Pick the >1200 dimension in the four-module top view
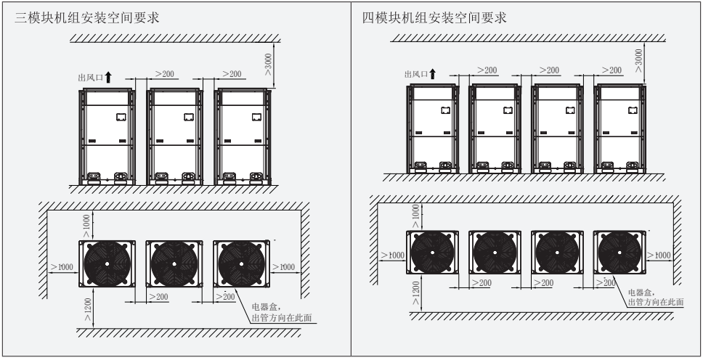tap(415, 293)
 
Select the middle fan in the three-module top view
tap(172, 263)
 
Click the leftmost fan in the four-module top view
tap(433, 255)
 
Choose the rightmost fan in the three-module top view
tap(241, 263)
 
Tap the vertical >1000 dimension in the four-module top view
tap(415, 215)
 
